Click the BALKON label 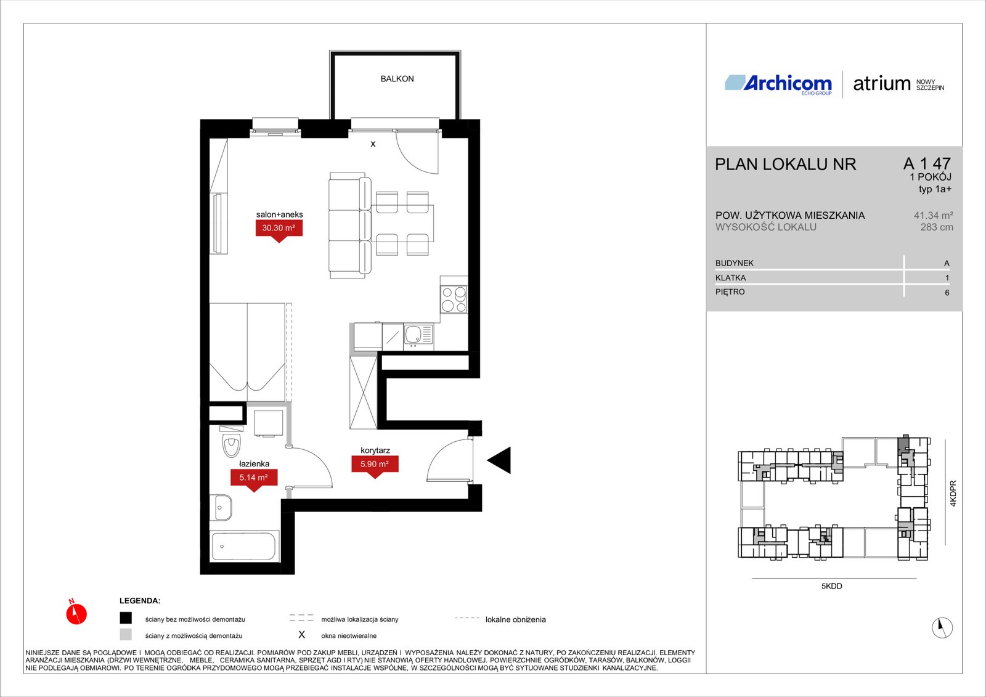(x=397, y=79)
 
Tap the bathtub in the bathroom (x=244, y=546)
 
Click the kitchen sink (x=418, y=335)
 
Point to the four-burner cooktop (x=454, y=300)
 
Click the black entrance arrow (x=499, y=460)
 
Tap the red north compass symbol (x=76, y=613)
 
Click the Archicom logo (x=778, y=84)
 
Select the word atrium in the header (x=881, y=84)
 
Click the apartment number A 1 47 (x=927, y=163)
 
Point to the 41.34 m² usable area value (x=933, y=215)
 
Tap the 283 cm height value (x=937, y=227)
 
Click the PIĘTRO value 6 (x=947, y=292)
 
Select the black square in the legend (x=126, y=618)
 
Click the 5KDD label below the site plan (x=831, y=586)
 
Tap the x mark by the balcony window (x=373, y=144)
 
